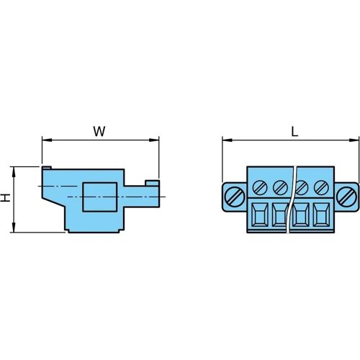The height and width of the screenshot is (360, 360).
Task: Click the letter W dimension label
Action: point(99,131)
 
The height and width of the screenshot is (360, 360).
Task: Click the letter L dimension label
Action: point(294,131)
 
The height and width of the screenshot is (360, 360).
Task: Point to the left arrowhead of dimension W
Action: point(46,140)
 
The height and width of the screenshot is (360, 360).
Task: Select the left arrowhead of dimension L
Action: point(226,140)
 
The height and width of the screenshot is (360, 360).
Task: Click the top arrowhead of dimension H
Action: point(12,171)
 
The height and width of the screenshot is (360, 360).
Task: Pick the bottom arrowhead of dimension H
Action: point(12,228)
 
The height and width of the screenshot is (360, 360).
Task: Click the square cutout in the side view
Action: point(99,197)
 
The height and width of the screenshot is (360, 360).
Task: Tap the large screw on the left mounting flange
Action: point(234,195)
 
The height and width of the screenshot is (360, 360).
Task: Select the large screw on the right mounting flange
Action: point(346,195)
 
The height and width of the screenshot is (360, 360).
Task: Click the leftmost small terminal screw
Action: point(261,188)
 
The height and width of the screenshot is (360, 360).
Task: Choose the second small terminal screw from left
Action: point(279,188)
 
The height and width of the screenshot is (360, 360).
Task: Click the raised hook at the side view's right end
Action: point(152,184)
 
